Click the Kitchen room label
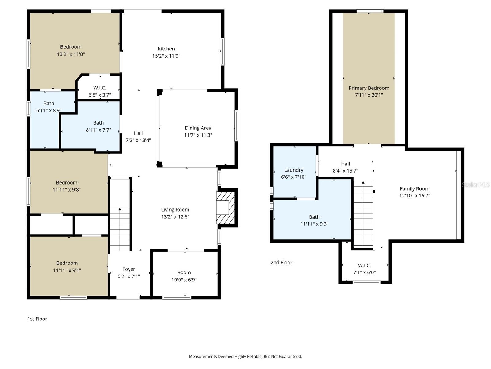point(166,49)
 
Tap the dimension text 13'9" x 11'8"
point(71,54)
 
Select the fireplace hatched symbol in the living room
point(226,208)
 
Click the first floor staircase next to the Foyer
point(120,229)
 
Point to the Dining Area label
point(198,128)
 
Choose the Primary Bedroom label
point(369,88)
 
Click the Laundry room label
point(294,170)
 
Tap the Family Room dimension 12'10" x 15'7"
point(415,196)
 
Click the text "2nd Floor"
point(281,262)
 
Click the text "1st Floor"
point(37,319)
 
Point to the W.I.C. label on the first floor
point(99,88)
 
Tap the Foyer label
point(129,269)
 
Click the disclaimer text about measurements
point(245,356)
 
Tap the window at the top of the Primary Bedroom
point(370,11)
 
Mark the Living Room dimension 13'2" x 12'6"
point(175,217)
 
